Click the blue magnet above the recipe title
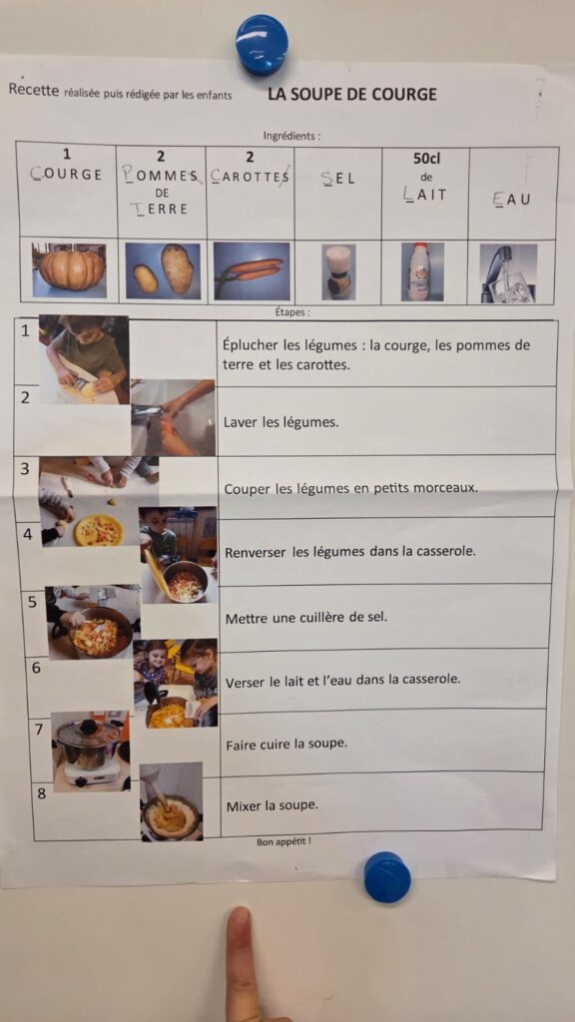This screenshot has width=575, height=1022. (262, 44)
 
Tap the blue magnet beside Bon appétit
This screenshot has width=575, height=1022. (387, 877)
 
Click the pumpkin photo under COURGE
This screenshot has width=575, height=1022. (69, 269)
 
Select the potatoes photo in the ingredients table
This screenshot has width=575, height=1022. (163, 269)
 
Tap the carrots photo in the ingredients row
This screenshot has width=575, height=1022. (252, 270)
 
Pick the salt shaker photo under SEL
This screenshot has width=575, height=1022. (338, 271)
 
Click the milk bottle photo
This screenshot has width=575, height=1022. (422, 271)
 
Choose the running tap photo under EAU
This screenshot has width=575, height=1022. (508, 273)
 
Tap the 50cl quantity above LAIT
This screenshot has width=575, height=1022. (426, 159)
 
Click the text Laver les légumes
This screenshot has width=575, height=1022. (281, 422)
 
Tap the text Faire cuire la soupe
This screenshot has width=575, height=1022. (287, 744)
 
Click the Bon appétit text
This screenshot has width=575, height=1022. (284, 841)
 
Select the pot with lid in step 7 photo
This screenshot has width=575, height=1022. (89, 743)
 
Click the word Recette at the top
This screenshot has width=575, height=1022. (34, 91)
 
